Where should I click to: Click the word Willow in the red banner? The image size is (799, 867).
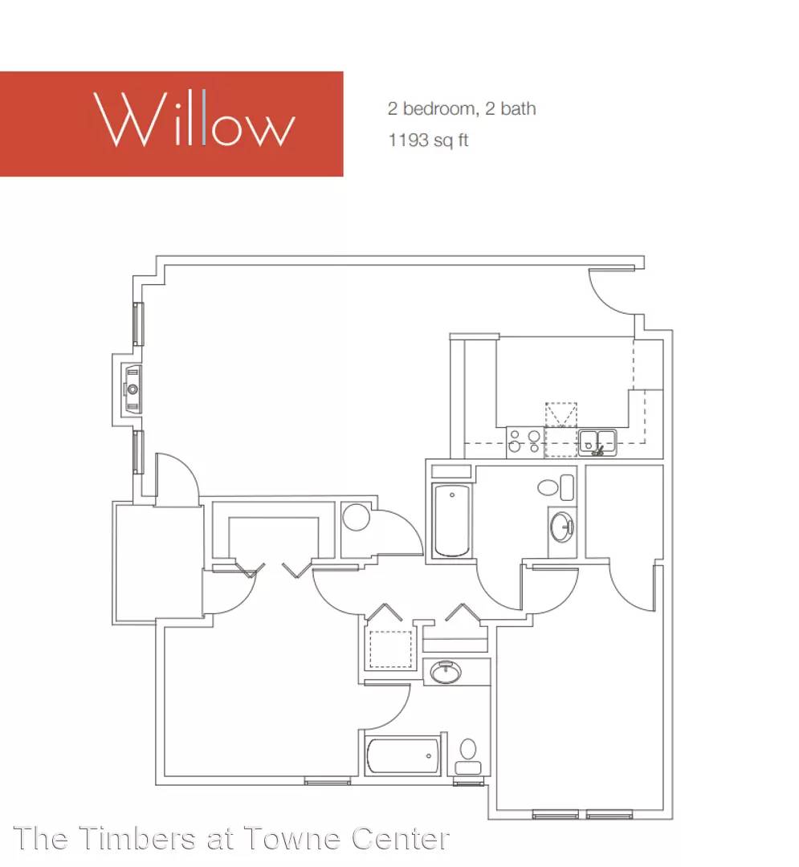click(x=194, y=118)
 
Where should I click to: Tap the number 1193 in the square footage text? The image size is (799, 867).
click(x=408, y=140)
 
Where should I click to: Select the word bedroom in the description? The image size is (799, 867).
click(x=440, y=108)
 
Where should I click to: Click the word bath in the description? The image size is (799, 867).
click(x=518, y=108)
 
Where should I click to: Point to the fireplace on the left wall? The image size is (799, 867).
click(x=132, y=389)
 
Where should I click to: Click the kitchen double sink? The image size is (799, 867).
click(x=597, y=442)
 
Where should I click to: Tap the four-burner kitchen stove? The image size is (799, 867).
click(x=524, y=442)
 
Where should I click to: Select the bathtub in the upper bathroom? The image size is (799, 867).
click(x=452, y=519)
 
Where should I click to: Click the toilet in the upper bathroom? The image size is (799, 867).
click(x=556, y=487)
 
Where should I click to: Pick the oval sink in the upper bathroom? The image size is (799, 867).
click(x=562, y=527)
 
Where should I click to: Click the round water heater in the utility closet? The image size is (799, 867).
click(x=356, y=518)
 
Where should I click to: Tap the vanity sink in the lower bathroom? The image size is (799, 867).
click(x=446, y=672)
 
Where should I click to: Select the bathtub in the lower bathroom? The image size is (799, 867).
click(x=403, y=756)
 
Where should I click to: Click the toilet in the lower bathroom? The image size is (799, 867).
click(x=468, y=757)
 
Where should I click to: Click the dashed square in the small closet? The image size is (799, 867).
click(x=391, y=649)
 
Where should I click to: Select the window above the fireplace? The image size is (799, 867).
click(x=138, y=324)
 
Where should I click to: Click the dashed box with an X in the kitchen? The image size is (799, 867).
click(x=561, y=415)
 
